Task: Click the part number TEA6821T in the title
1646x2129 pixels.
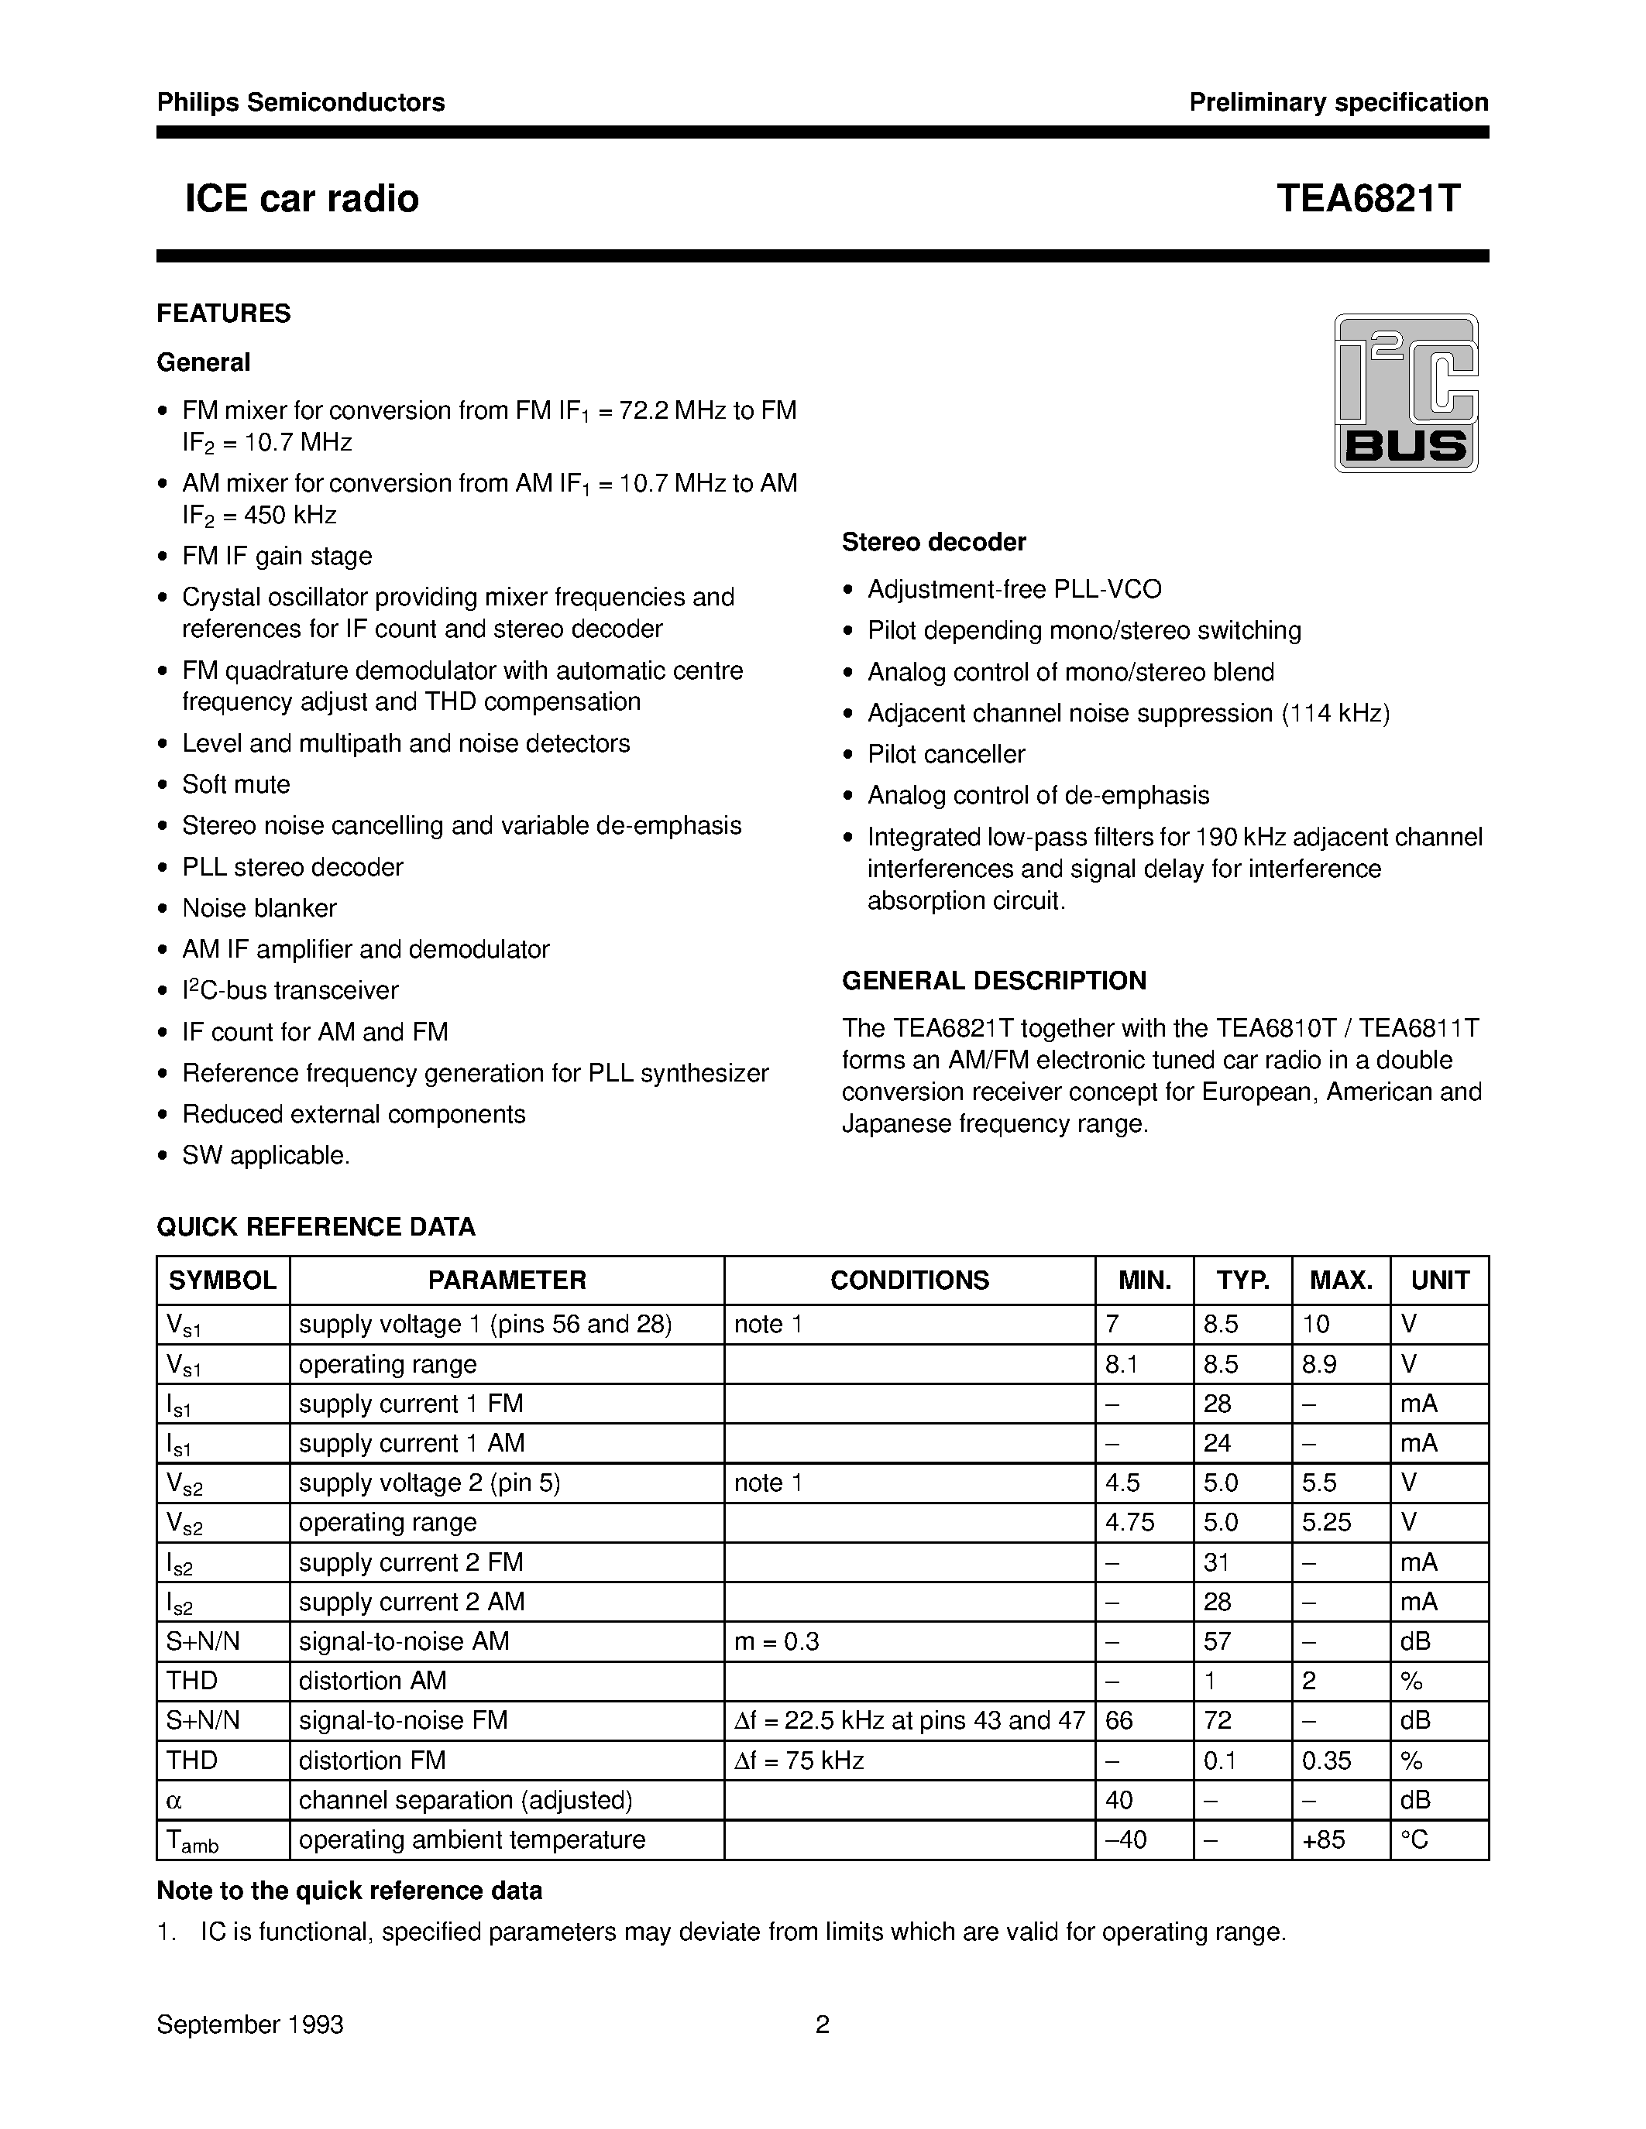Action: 1368,199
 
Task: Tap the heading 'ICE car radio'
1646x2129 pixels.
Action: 301,199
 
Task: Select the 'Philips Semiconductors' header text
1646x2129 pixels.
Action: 301,102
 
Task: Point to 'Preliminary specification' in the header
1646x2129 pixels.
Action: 1338,102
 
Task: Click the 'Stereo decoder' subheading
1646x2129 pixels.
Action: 933,542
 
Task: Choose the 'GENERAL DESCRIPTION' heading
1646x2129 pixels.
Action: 994,981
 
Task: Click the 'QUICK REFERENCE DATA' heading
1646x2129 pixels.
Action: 316,1226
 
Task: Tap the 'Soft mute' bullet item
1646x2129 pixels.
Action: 236,785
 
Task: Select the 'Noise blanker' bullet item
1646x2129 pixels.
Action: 259,909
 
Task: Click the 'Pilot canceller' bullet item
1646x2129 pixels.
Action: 946,755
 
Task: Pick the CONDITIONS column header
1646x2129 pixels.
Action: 909,1280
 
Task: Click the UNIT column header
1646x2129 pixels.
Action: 1439,1280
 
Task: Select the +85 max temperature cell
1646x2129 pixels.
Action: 1323,1839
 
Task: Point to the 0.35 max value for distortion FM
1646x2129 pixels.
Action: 1326,1760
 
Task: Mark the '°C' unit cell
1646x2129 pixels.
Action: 1414,1839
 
